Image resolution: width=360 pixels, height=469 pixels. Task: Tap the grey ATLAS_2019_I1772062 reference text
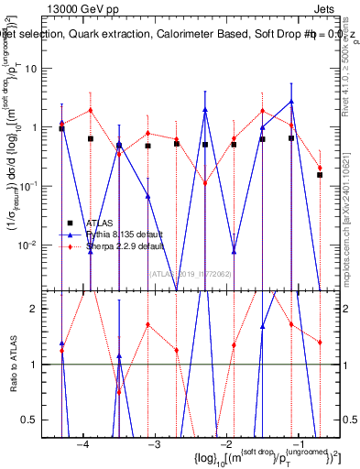point(190,272)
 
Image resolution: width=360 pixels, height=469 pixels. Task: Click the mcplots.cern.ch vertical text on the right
point(349,211)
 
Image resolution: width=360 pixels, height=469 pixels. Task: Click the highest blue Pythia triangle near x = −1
point(291,102)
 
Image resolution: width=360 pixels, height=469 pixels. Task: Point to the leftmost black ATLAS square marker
point(61,128)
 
